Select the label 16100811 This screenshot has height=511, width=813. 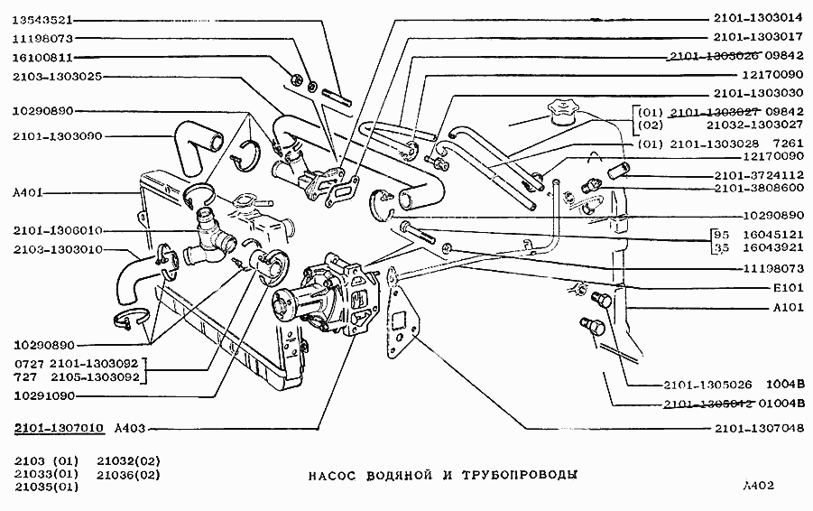click(x=43, y=58)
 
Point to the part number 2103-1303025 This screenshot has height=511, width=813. click(x=56, y=77)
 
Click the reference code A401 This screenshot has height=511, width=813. click(x=31, y=192)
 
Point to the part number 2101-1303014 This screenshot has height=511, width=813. click(x=758, y=17)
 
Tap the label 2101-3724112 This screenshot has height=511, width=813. click(x=758, y=175)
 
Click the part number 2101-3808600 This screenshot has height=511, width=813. click(x=758, y=188)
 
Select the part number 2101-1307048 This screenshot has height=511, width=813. click(x=758, y=428)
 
